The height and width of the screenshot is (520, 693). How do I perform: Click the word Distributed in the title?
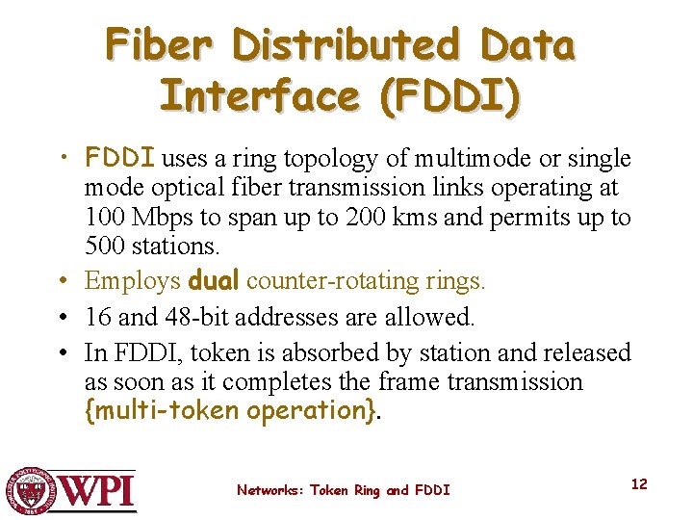346,45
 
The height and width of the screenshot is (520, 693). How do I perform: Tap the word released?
581,352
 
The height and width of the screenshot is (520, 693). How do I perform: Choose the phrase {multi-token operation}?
231,411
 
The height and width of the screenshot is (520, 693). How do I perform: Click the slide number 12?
639,483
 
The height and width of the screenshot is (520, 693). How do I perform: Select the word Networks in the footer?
269,490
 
